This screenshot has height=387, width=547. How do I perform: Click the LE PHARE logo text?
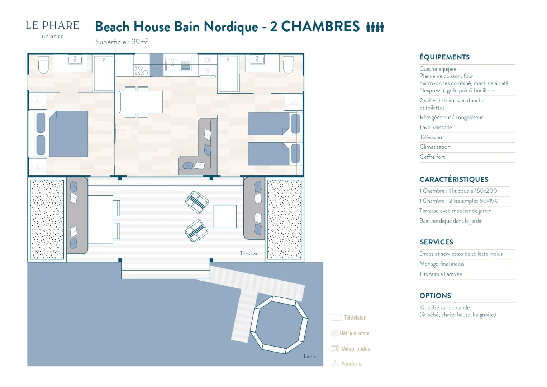pos(52,25)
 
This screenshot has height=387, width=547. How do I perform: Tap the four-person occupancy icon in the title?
pos(375,27)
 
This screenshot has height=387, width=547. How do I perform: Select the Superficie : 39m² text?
pos(122,42)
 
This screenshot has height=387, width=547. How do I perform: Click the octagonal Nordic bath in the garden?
pos(279,325)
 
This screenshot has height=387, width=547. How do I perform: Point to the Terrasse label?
pos(249,253)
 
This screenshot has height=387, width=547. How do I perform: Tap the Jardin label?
pos(309,356)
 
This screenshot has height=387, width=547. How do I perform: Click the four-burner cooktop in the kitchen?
pos(141,70)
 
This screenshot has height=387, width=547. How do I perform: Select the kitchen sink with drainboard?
pos(179,64)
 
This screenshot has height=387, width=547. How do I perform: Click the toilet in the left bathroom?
pos(43,65)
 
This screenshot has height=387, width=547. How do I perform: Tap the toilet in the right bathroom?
pos(288,65)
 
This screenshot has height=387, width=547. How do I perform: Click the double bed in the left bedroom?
pos(62,134)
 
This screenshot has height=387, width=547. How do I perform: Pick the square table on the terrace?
pos(225,216)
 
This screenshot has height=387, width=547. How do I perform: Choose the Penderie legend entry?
pos(346,364)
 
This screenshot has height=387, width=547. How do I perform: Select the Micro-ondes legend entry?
pos(351,348)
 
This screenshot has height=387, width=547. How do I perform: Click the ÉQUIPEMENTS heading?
pos(444,57)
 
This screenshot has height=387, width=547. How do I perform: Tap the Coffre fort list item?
pos(432,157)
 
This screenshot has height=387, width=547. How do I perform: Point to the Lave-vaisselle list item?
pos(436,127)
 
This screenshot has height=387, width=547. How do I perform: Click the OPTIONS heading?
pos(435,296)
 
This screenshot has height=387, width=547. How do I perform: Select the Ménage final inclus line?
pos(442,264)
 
